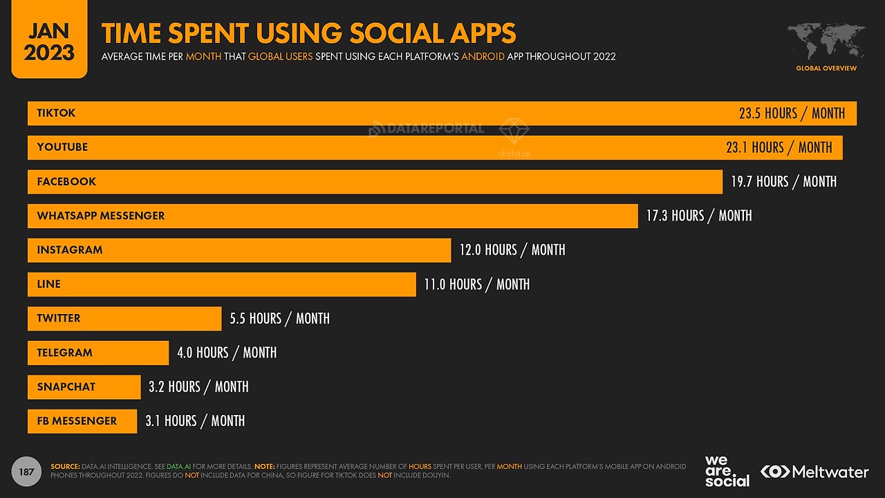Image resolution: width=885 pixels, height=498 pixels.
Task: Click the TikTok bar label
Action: [56, 113]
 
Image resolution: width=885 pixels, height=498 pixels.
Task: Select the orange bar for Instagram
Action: [277, 250]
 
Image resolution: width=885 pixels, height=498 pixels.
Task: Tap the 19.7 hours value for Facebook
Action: [783, 182]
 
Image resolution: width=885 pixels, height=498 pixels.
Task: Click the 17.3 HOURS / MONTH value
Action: [698, 216]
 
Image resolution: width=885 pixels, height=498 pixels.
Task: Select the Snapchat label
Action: [66, 387]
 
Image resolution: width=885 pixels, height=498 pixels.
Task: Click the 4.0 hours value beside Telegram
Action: [227, 353]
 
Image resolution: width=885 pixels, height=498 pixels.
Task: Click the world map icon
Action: [826, 41]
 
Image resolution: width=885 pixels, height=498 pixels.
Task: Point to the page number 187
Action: [27, 472]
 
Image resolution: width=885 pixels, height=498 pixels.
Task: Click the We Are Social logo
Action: [727, 471]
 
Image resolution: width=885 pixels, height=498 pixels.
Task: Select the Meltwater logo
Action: [814, 472]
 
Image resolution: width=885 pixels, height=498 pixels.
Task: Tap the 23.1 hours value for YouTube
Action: [779, 147]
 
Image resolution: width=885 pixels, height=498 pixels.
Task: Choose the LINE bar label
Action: [49, 284]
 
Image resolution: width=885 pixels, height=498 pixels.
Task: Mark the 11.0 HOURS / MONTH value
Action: [476, 284]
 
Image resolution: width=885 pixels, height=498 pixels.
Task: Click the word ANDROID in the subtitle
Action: [483, 57]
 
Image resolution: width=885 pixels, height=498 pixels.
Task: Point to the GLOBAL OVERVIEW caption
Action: [826, 68]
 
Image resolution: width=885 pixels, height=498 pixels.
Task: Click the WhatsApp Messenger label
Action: [101, 216]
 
